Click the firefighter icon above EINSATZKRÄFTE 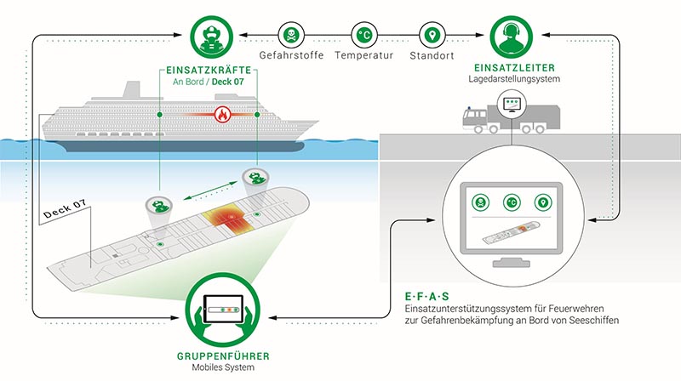[211, 37]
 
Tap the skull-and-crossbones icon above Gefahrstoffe [291, 35]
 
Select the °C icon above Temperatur [364, 35]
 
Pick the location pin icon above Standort [432, 35]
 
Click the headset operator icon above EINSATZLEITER [512, 37]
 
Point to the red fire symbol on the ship [222, 115]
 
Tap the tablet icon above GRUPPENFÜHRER [223, 310]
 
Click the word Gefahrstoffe [291, 55]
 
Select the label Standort [432, 55]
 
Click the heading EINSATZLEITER [514, 68]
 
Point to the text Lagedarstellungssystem [514, 79]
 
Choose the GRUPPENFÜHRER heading [223, 356]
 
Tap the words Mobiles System [223, 367]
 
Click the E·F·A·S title [427, 297]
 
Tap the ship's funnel [131, 90]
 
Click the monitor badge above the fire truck [512, 104]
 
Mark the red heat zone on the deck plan [229, 219]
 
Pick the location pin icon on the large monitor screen [543, 202]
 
